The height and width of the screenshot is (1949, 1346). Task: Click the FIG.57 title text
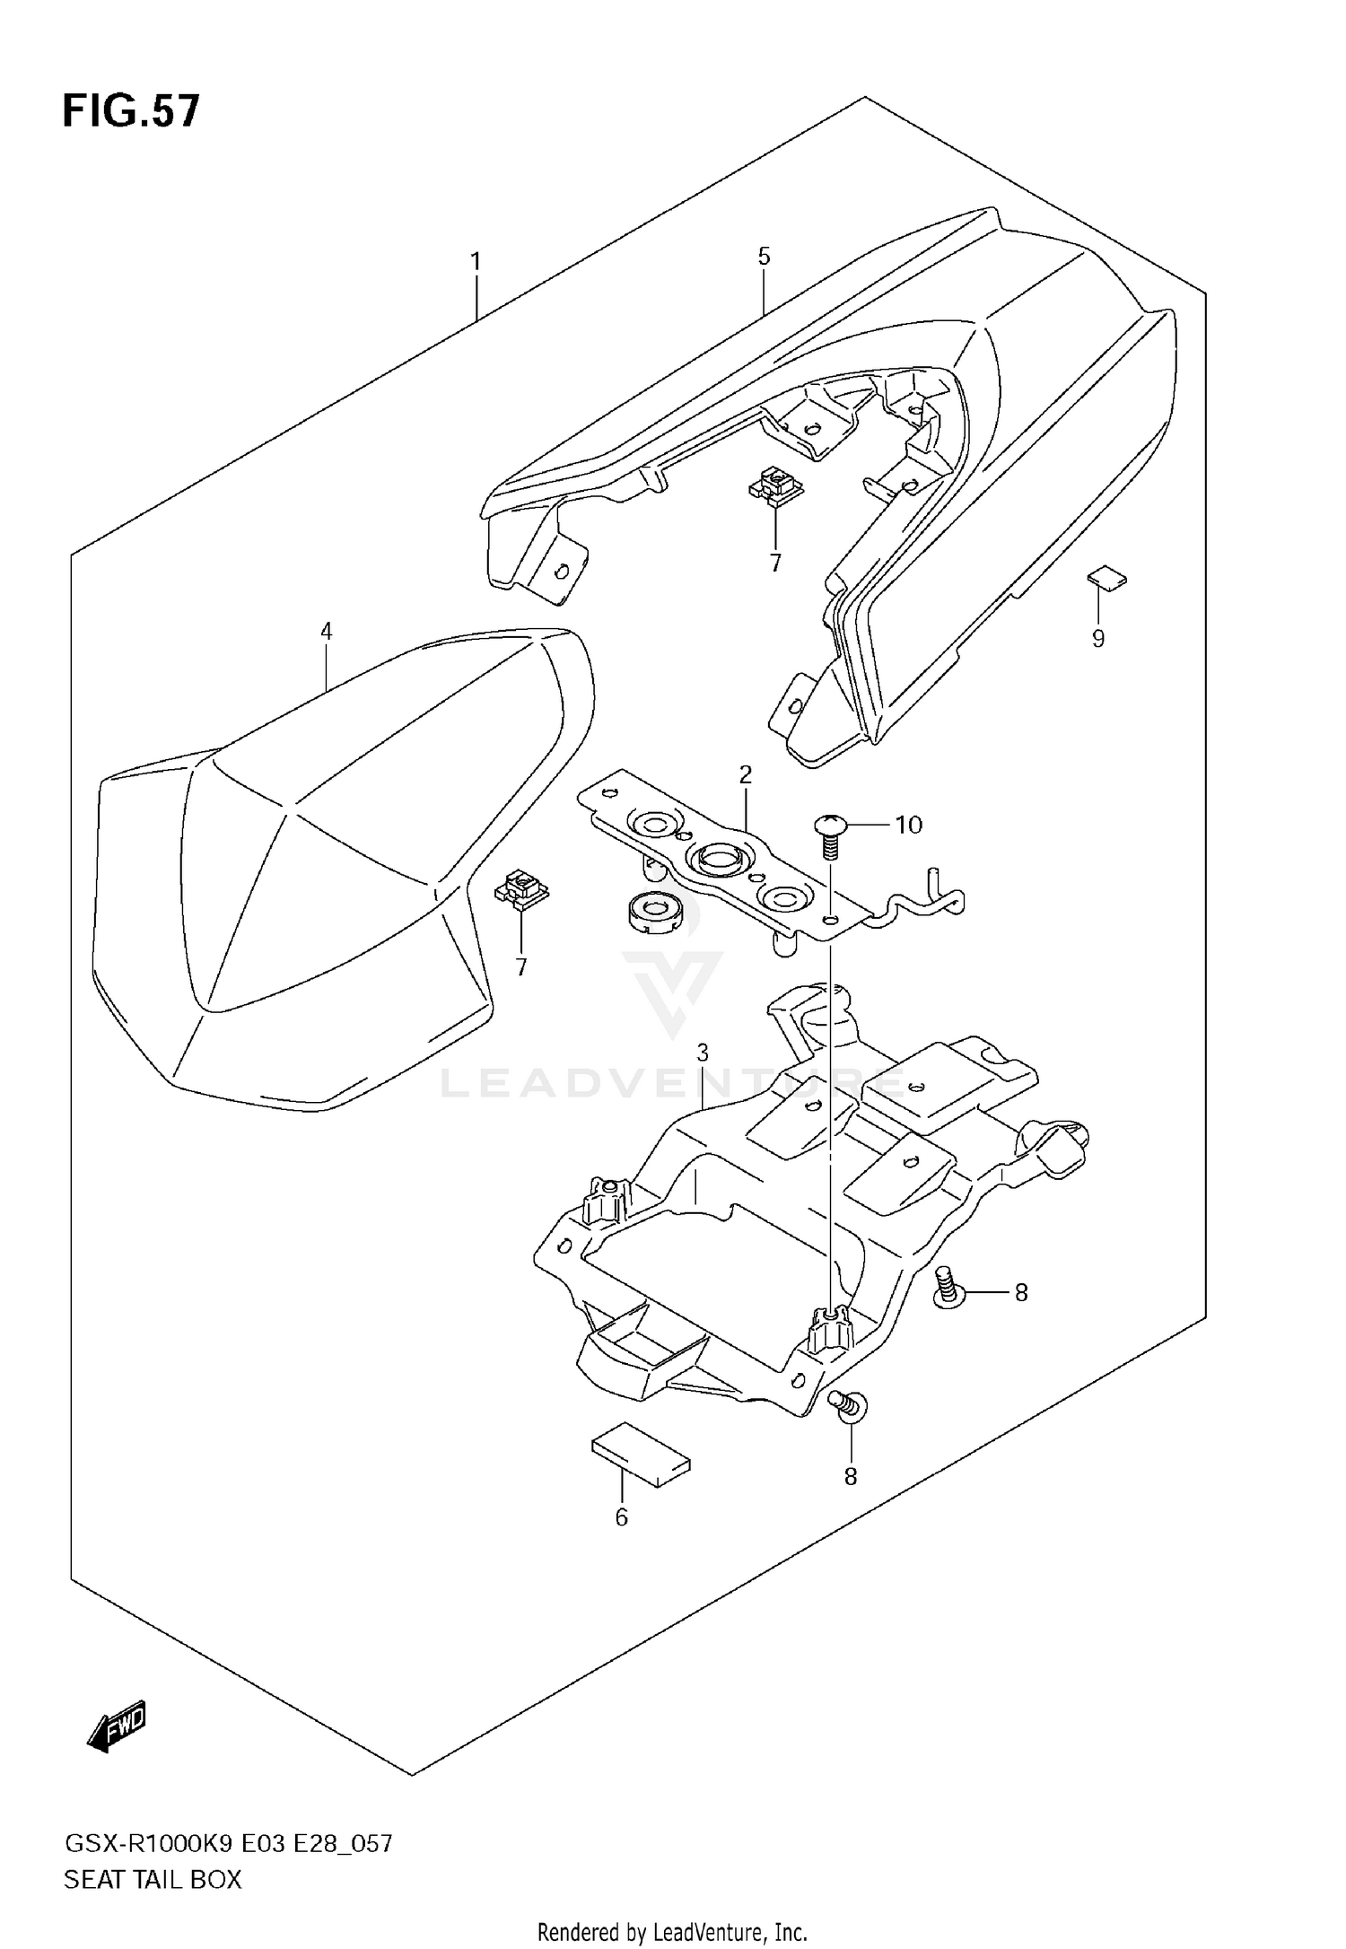pyautogui.click(x=131, y=112)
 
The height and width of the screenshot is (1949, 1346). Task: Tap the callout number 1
pyautogui.click(x=476, y=262)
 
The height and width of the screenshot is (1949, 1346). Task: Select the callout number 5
pyautogui.click(x=764, y=257)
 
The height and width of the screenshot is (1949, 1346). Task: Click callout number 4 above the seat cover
pyautogui.click(x=327, y=632)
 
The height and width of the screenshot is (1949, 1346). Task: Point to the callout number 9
pyautogui.click(x=1097, y=639)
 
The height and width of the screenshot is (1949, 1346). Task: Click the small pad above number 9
pyautogui.click(x=1106, y=579)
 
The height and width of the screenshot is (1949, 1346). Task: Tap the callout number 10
pyautogui.click(x=908, y=824)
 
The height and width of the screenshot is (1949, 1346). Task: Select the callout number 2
pyautogui.click(x=745, y=774)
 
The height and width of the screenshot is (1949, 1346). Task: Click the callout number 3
pyautogui.click(x=703, y=1052)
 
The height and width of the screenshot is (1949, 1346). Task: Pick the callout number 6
pyautogui.click(x=621, y=1517)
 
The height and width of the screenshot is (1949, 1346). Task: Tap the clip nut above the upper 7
pyautogui.click(x=775, y=486)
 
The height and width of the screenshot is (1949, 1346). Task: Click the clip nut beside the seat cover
pyautogui.click(x=520, y=891)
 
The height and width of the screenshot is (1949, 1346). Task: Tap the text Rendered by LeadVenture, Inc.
pyautogui.click(x=672, y=1931)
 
